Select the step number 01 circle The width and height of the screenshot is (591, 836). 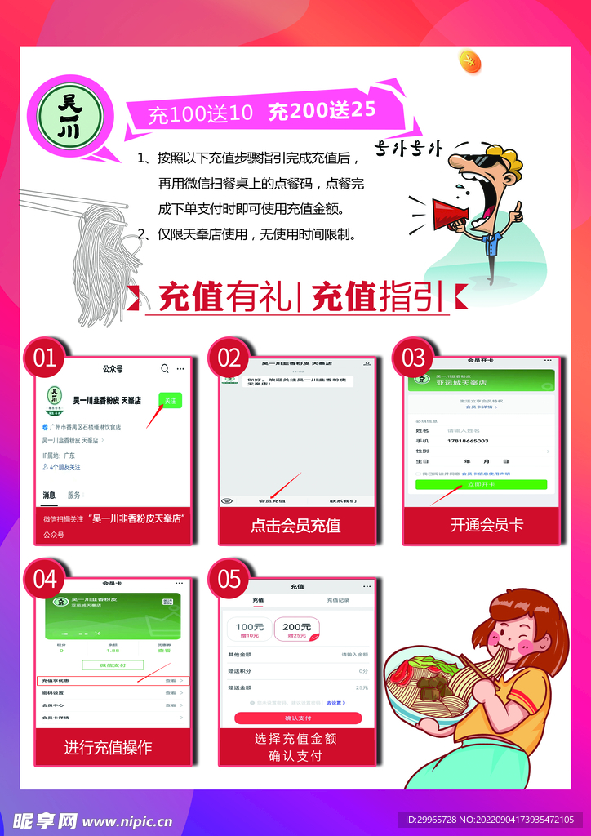tap(45, 358)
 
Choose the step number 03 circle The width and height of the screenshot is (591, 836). tap(414, 358)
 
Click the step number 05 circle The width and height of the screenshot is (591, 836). tap(229, 580)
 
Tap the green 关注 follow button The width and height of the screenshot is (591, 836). tap(170, 401)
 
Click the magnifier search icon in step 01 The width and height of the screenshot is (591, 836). tap(165, 369)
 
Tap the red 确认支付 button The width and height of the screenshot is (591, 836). tap(297, 718)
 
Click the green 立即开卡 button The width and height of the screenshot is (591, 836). tap(480, 484)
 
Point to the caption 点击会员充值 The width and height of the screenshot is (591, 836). tap(295, 526)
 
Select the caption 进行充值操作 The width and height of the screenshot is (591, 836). tap(108, 746)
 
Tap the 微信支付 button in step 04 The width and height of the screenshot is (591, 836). tap(112, 665)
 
